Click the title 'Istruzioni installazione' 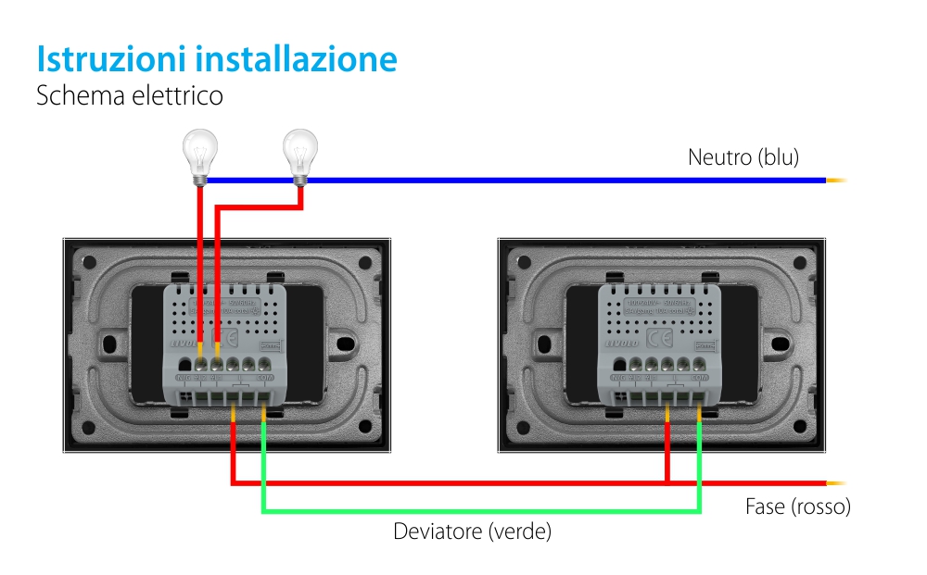click(217, 58)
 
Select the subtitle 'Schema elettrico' click(129, 95)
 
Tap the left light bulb click(198, 153)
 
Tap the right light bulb click(299, 153)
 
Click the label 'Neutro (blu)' click(743, 156)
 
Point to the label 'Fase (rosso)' click(797, 506)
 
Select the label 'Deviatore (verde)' click(472, 531)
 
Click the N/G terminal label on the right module click(619, 378)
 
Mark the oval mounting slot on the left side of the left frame click(110, 344)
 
